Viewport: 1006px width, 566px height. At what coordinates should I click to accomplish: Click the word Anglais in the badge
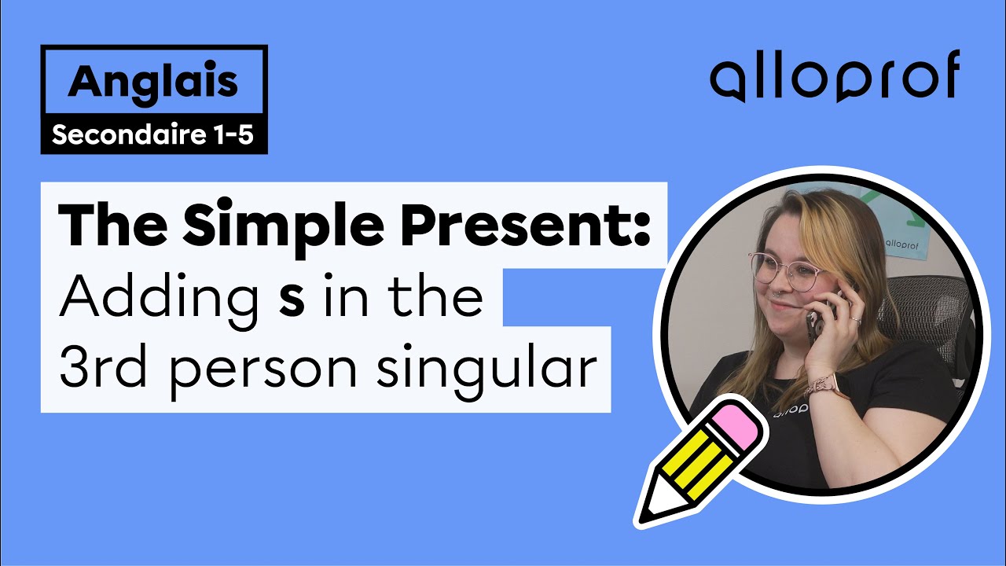[153, 83]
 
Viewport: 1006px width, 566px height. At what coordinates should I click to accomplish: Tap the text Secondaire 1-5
[153, 135]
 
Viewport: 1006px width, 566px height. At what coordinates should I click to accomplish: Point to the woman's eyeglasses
[786, 268]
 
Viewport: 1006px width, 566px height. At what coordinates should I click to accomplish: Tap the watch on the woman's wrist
[825, 385]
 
